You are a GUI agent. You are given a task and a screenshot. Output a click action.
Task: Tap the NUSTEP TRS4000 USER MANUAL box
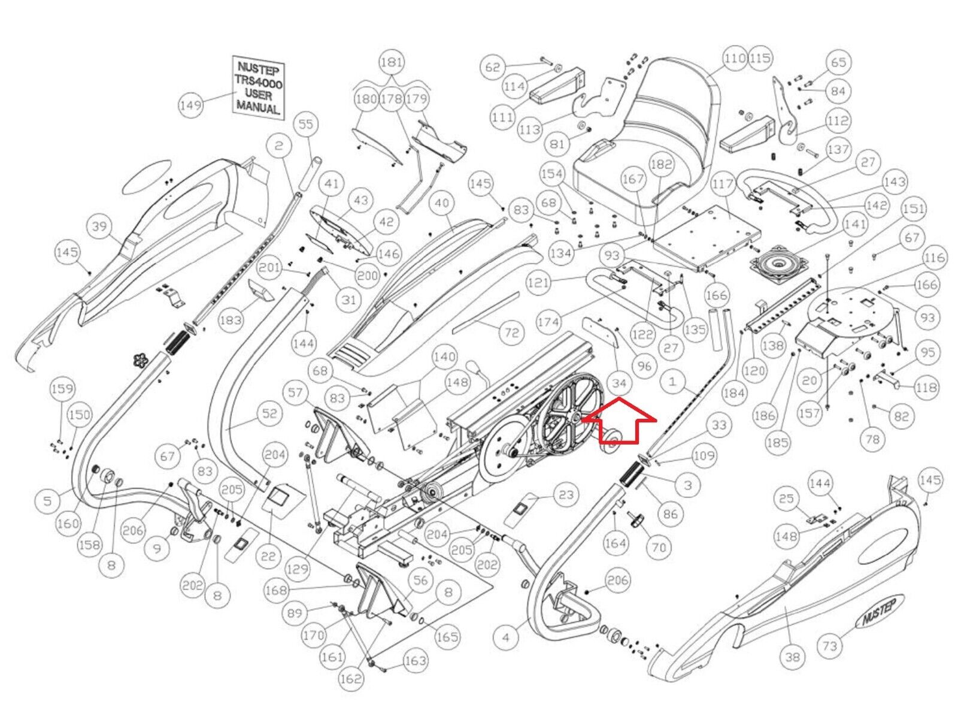pyautogui.click(x=258, y=87)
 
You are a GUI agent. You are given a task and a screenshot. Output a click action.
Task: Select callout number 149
pyautogui.click(x=190, y=105)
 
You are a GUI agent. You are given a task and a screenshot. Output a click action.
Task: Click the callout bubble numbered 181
pyautogui.click(x=392, y=62)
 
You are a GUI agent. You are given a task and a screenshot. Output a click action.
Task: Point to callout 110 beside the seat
pyautogui.click(x=735, y=58)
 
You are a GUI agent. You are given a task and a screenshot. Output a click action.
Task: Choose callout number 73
pyautogui.click(x=829, y=645)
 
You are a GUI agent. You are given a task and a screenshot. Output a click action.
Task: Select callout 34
pyautogui.click(x=619, y=383)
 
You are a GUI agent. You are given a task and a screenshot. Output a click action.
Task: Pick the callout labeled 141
pyautogui.click(x=855, y=225)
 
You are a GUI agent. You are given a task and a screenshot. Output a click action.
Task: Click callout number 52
pyautogui.click(x=270, y=413)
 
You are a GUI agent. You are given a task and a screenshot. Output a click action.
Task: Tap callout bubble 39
pyautogui.click(x=99, y=227)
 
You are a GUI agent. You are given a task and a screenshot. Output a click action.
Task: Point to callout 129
pyautogui.click(x=297, y=569)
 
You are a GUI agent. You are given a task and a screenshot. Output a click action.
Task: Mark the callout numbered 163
pyautogui.click(x=415, y=661)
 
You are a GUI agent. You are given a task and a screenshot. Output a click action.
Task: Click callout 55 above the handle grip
pyautogui.click(x=306, y=125)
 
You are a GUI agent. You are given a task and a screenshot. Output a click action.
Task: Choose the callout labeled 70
pyautogui.click(x=659, y=547)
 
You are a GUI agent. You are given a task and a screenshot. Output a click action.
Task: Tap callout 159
pyautogui.click(x=62, y=389)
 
